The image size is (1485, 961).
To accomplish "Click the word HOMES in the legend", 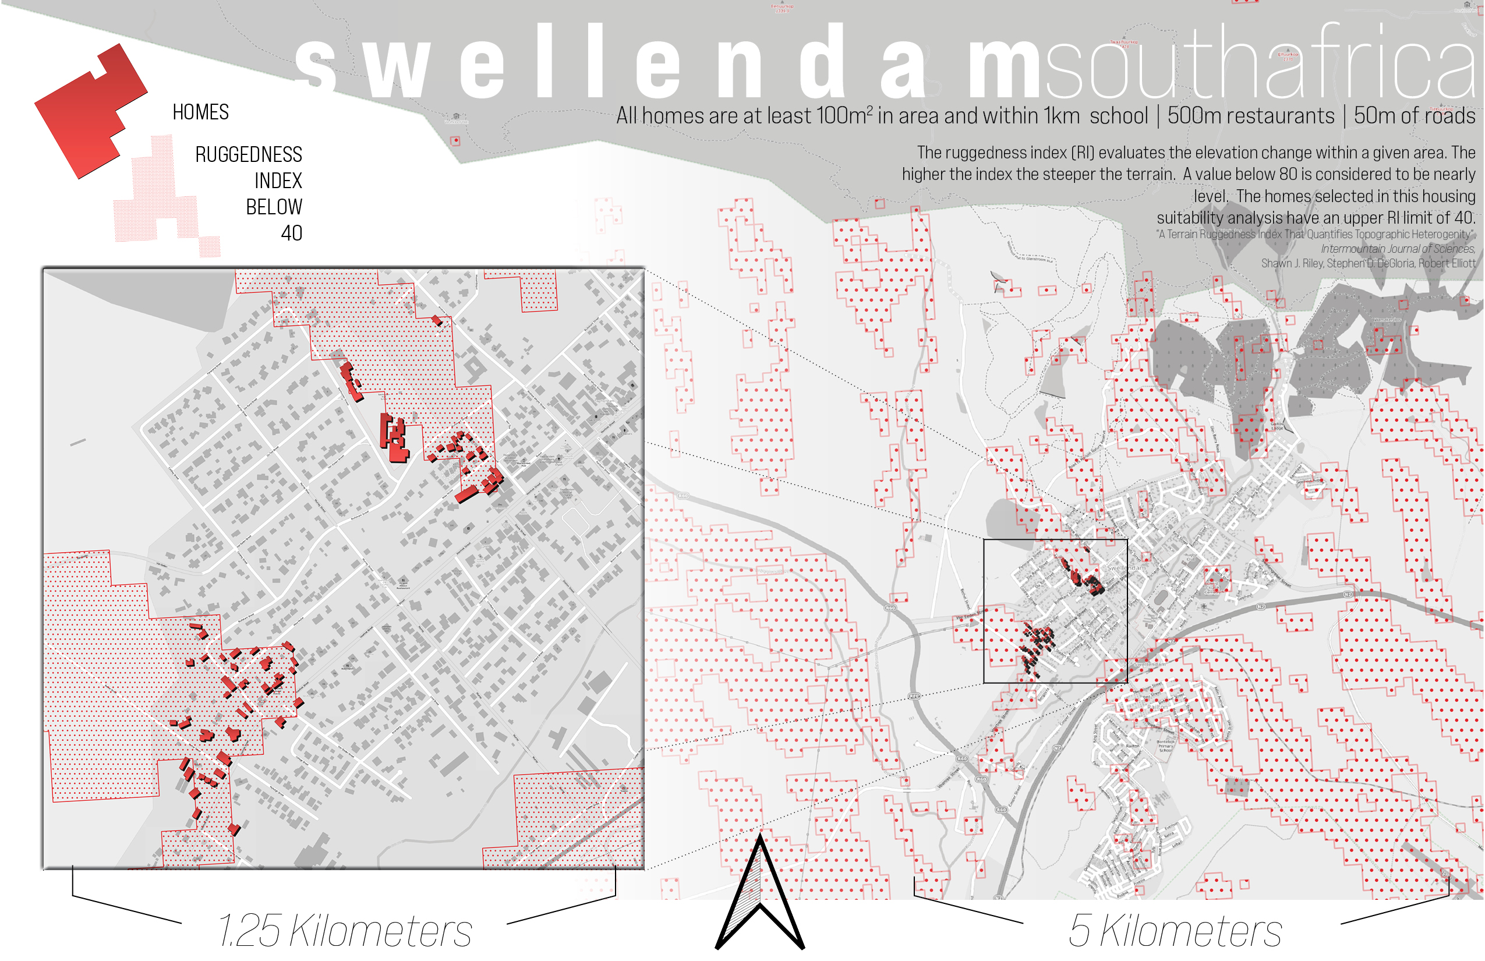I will [200, 112].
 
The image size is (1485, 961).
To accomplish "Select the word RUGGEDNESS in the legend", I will [248, 154].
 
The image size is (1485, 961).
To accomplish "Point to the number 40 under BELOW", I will [291, 233].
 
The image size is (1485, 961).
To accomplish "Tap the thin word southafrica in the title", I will [1260, 62].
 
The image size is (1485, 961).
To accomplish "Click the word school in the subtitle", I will [1118, 116].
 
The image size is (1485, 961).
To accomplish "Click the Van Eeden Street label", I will [966, 617].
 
